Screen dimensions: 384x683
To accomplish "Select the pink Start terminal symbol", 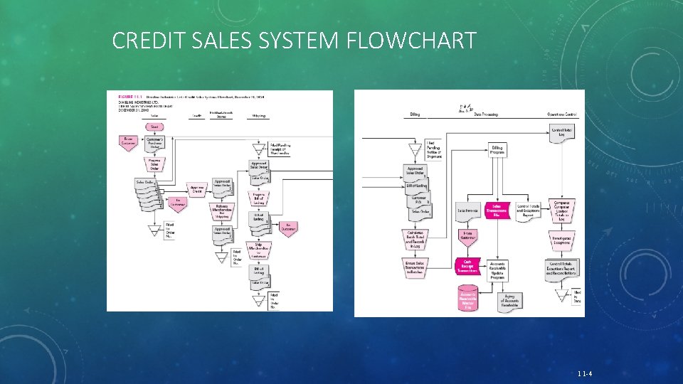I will [x=154, y=127].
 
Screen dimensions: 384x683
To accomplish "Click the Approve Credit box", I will [x=196, y=188].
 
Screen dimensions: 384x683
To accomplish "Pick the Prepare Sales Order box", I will [x=154, y=164].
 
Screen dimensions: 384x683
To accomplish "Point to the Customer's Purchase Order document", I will [x=154, y=143].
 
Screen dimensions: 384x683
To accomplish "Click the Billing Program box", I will [x=497, y=150].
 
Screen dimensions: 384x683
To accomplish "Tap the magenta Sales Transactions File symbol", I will [x=497, y=209].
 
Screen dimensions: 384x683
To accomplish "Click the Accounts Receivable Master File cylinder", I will [x=467, y=299].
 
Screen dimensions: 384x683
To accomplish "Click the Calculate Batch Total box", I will [x=418, y=240].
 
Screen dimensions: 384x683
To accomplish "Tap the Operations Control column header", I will [x=560, y=114].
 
